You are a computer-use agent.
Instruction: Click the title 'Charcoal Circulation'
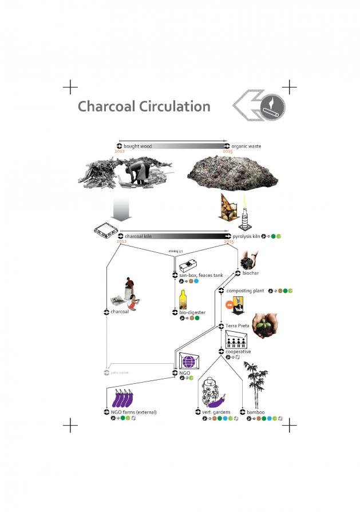[x=144, y=106]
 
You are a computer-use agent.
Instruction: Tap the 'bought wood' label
[x=137, y=146]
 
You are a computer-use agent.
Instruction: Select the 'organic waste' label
[x=247, y=146]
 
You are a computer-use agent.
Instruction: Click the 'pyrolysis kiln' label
[x=247, y=236]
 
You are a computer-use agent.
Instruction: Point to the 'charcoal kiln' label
[x=138, y=236]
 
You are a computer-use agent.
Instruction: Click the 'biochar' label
[x=251, y=273]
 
